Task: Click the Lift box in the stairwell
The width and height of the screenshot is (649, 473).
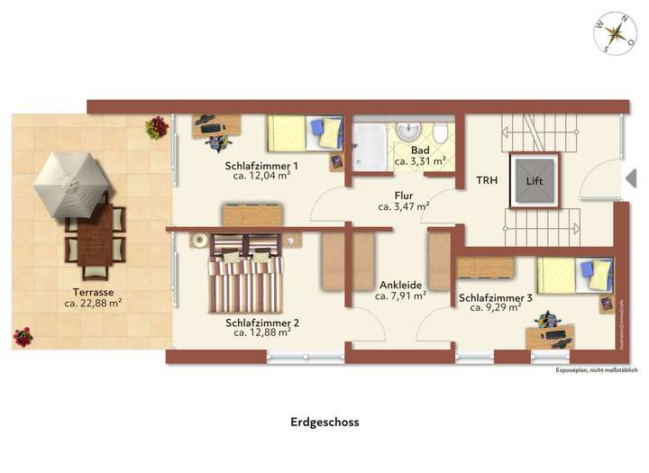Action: [x=535, y=179]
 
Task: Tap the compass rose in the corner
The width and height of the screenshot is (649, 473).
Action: [x=616, y=34]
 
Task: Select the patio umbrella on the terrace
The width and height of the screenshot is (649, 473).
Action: [x=69, y=185]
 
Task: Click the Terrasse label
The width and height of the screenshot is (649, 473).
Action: [x=93, y=292]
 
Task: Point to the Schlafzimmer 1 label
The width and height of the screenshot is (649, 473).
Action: [x=261, y=166]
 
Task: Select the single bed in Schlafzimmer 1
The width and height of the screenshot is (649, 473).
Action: [x=305, y=133]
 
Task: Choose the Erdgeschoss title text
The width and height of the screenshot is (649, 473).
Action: [x=324, y=421]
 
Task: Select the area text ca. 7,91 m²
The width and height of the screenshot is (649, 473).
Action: [x=400, y=296]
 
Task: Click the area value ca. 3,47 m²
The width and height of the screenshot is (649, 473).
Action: [x=403, y=206]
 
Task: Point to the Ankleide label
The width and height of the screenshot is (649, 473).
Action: [x=400, y=285]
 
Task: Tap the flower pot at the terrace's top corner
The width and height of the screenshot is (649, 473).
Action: [x=157, y=127]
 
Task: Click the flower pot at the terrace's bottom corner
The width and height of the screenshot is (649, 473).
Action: [x=23, y=338]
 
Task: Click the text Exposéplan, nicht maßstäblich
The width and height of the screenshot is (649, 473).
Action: [x=596, y=370]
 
